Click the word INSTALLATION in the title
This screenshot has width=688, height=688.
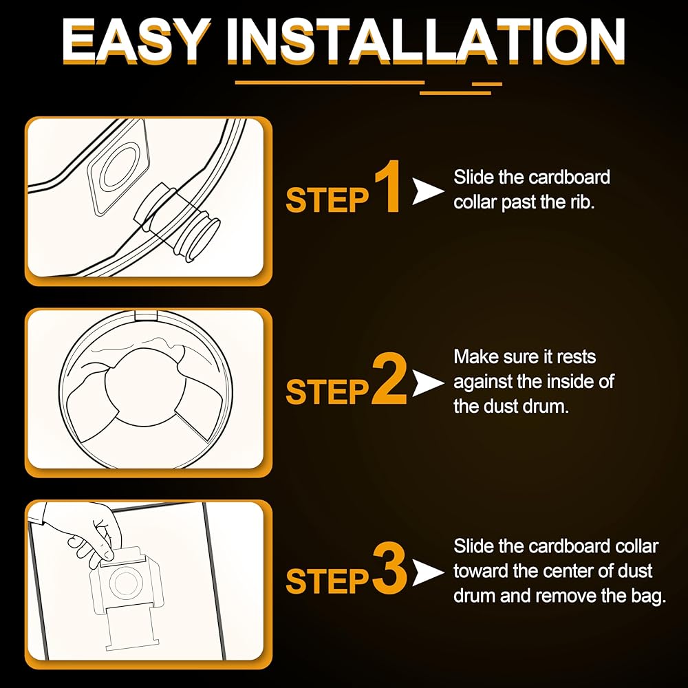426,41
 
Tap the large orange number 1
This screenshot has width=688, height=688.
388,187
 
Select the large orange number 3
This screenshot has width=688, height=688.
389,569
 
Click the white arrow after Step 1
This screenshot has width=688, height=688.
427,191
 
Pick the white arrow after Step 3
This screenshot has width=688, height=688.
427,572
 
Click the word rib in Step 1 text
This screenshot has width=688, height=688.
582,202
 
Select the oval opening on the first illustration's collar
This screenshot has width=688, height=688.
119,166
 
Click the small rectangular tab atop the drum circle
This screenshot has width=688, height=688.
146,316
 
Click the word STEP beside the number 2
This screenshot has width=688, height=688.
327,392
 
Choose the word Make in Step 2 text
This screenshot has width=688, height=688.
476,356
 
